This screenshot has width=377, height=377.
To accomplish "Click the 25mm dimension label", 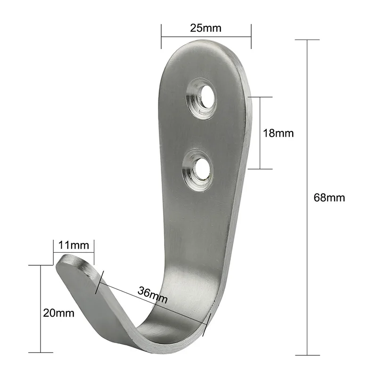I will click(x=205, y=28).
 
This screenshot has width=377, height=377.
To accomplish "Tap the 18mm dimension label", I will click(x=278, y=133).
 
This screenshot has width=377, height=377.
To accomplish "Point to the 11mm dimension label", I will click(x=74, y=245).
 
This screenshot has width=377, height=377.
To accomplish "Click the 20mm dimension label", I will click(x=58, y=313).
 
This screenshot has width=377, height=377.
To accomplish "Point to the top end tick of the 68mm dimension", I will click(x=307, y=40).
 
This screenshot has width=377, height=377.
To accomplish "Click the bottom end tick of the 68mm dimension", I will click(x=307, y=355).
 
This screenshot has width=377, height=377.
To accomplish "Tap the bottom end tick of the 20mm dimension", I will click(x=41, y=352).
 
